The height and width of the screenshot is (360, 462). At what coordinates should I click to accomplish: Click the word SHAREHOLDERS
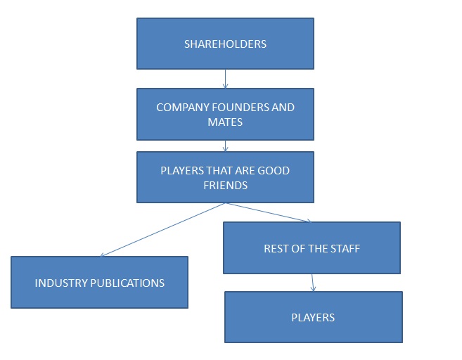[x=225, y=44]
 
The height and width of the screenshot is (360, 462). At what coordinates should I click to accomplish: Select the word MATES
[x=225, y=122]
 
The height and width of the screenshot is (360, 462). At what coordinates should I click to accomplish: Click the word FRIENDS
[x=225, y=185]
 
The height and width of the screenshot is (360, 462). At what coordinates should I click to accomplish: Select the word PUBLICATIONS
[x=127, y=283]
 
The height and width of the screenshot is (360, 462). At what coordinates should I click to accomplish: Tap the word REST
[x=276, y=249]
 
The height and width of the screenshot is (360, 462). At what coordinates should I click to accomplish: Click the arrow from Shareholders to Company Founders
[x=225, y=79]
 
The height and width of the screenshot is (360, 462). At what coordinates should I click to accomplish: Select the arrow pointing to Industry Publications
[x=162, y=230]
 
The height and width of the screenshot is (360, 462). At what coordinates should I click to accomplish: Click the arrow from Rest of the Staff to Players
[x=312, y=283]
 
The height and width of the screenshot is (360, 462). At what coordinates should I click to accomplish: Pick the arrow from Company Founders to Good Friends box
[x=225, y=146]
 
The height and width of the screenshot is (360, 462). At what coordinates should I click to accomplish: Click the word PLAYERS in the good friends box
[x=182, y=171]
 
